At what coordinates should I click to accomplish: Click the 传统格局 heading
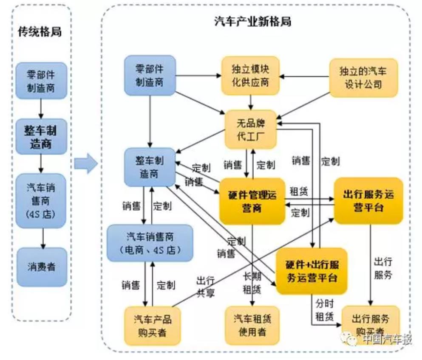[40, 32]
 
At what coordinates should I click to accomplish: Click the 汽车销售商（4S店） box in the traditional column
[42, 199]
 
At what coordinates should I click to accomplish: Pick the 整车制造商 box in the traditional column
[42, 136]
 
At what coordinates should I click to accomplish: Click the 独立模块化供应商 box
[251, 76]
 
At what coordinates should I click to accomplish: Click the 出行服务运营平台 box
[368, 201]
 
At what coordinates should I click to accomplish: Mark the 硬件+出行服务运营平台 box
[312, 271]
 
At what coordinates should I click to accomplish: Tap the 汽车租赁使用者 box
[252, 325]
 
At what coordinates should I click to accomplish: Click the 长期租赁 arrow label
[252, 283]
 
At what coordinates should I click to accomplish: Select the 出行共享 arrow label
[205, 287]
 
